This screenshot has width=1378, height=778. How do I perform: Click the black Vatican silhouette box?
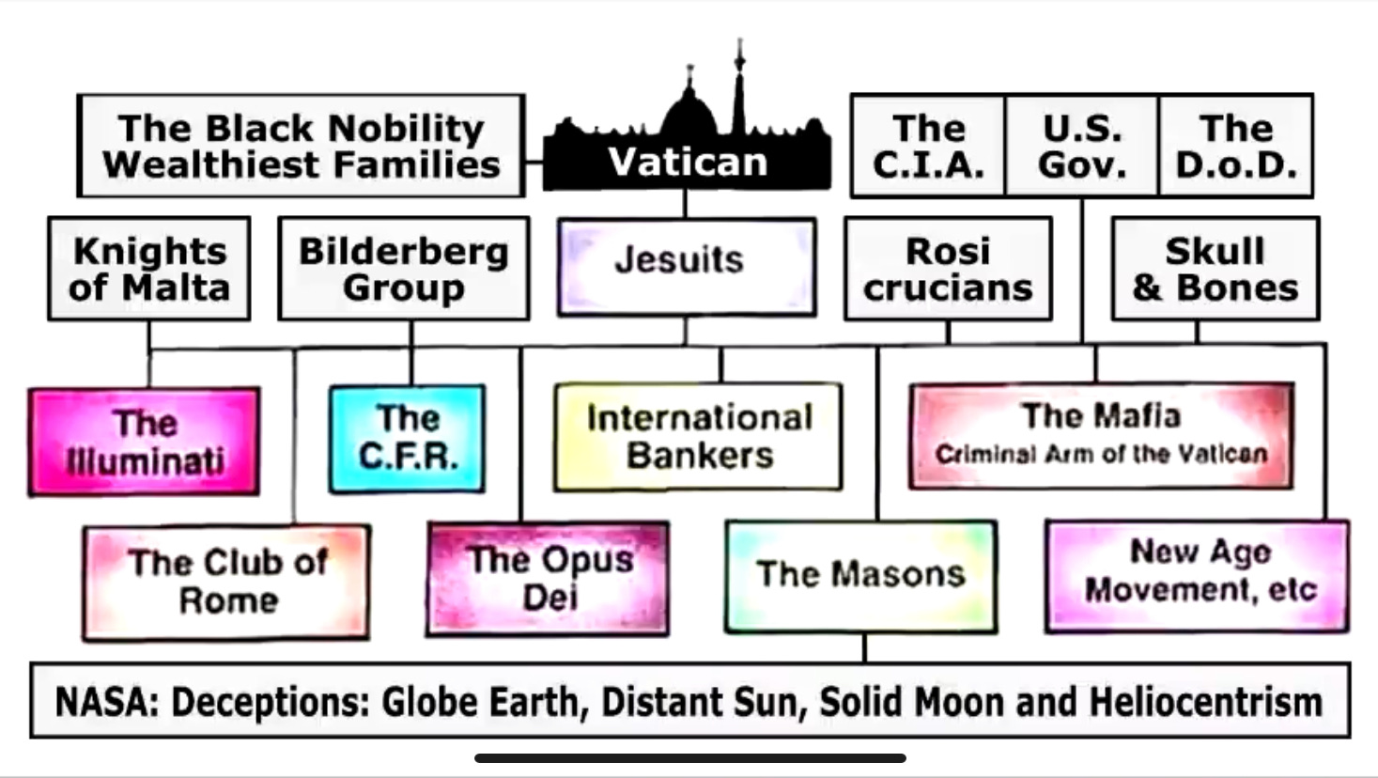coord(687,162)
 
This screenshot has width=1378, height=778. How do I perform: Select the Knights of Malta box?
coord(149,269)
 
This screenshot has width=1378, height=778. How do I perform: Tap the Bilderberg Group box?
coord(404,269)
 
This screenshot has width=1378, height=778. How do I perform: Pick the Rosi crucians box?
coord(948,269)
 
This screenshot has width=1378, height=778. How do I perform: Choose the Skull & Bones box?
coord(1215,269)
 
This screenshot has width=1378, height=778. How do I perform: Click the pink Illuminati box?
coord(144,441)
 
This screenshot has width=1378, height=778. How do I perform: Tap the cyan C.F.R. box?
coord(407,438)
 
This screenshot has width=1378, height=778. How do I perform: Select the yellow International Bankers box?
coord(698,437)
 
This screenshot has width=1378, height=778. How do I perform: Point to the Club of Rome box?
coord(226,582)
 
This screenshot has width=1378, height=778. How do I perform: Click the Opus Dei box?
coord(549,579)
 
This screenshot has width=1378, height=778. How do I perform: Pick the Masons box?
coord(860,575)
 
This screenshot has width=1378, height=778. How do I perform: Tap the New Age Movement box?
coord(1198,573)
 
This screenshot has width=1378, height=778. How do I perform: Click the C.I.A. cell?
coord(928,146)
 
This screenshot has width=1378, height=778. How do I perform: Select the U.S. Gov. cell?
coord(1082,146)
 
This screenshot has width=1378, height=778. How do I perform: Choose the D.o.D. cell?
coord(1236,146)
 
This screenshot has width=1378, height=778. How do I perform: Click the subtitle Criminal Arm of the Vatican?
coord(1101,455)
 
